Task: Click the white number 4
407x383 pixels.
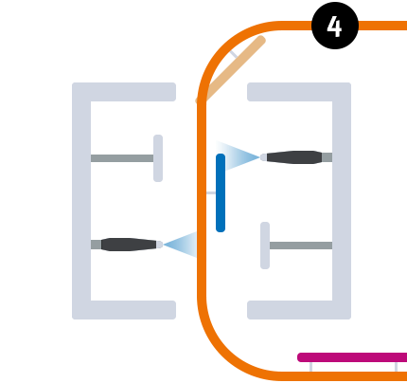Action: coord(334,27)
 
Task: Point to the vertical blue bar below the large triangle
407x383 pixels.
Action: coord(221,204)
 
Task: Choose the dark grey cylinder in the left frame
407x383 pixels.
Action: coord(129,245)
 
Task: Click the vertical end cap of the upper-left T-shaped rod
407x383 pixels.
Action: coord(158,158)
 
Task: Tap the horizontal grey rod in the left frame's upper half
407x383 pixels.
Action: coord(121,158)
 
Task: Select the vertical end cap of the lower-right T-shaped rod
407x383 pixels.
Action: coord(265,246)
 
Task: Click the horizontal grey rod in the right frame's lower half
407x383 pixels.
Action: coord(301,246)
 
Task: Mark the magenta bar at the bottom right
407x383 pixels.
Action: coord(352,357)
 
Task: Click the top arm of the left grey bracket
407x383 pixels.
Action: coord(124,92)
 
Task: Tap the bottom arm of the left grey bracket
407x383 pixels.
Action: coord(124,310)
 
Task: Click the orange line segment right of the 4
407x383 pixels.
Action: coord(382,26)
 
